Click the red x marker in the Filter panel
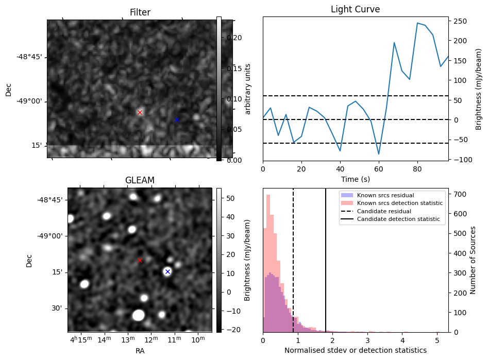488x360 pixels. tap(140, 112)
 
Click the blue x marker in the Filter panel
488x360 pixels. tap(177, 119)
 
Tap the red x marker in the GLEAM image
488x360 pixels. tap(140, 261)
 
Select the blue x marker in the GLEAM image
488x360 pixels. tap(167, 271)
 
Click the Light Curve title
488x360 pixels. tap(355, 9)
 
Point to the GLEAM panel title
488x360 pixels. tap(140, 180)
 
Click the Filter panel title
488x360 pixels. tap(140, 12)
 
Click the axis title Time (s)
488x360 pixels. tap(355, 179)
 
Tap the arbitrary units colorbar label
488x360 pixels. tap(248, 89)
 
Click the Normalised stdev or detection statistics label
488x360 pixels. tap(355, 350)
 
